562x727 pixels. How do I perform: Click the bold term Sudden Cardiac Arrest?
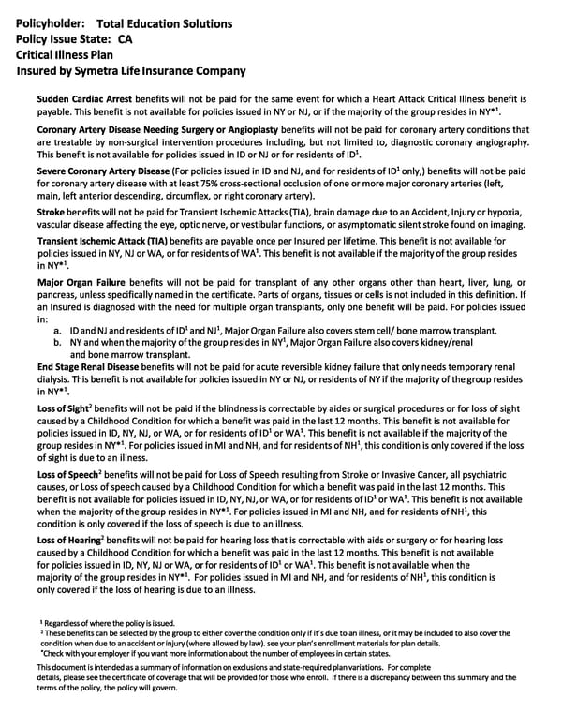pyautogui.click(x=84, y=97)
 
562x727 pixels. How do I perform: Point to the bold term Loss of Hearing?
pyautogui.click(x=70, y=541)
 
